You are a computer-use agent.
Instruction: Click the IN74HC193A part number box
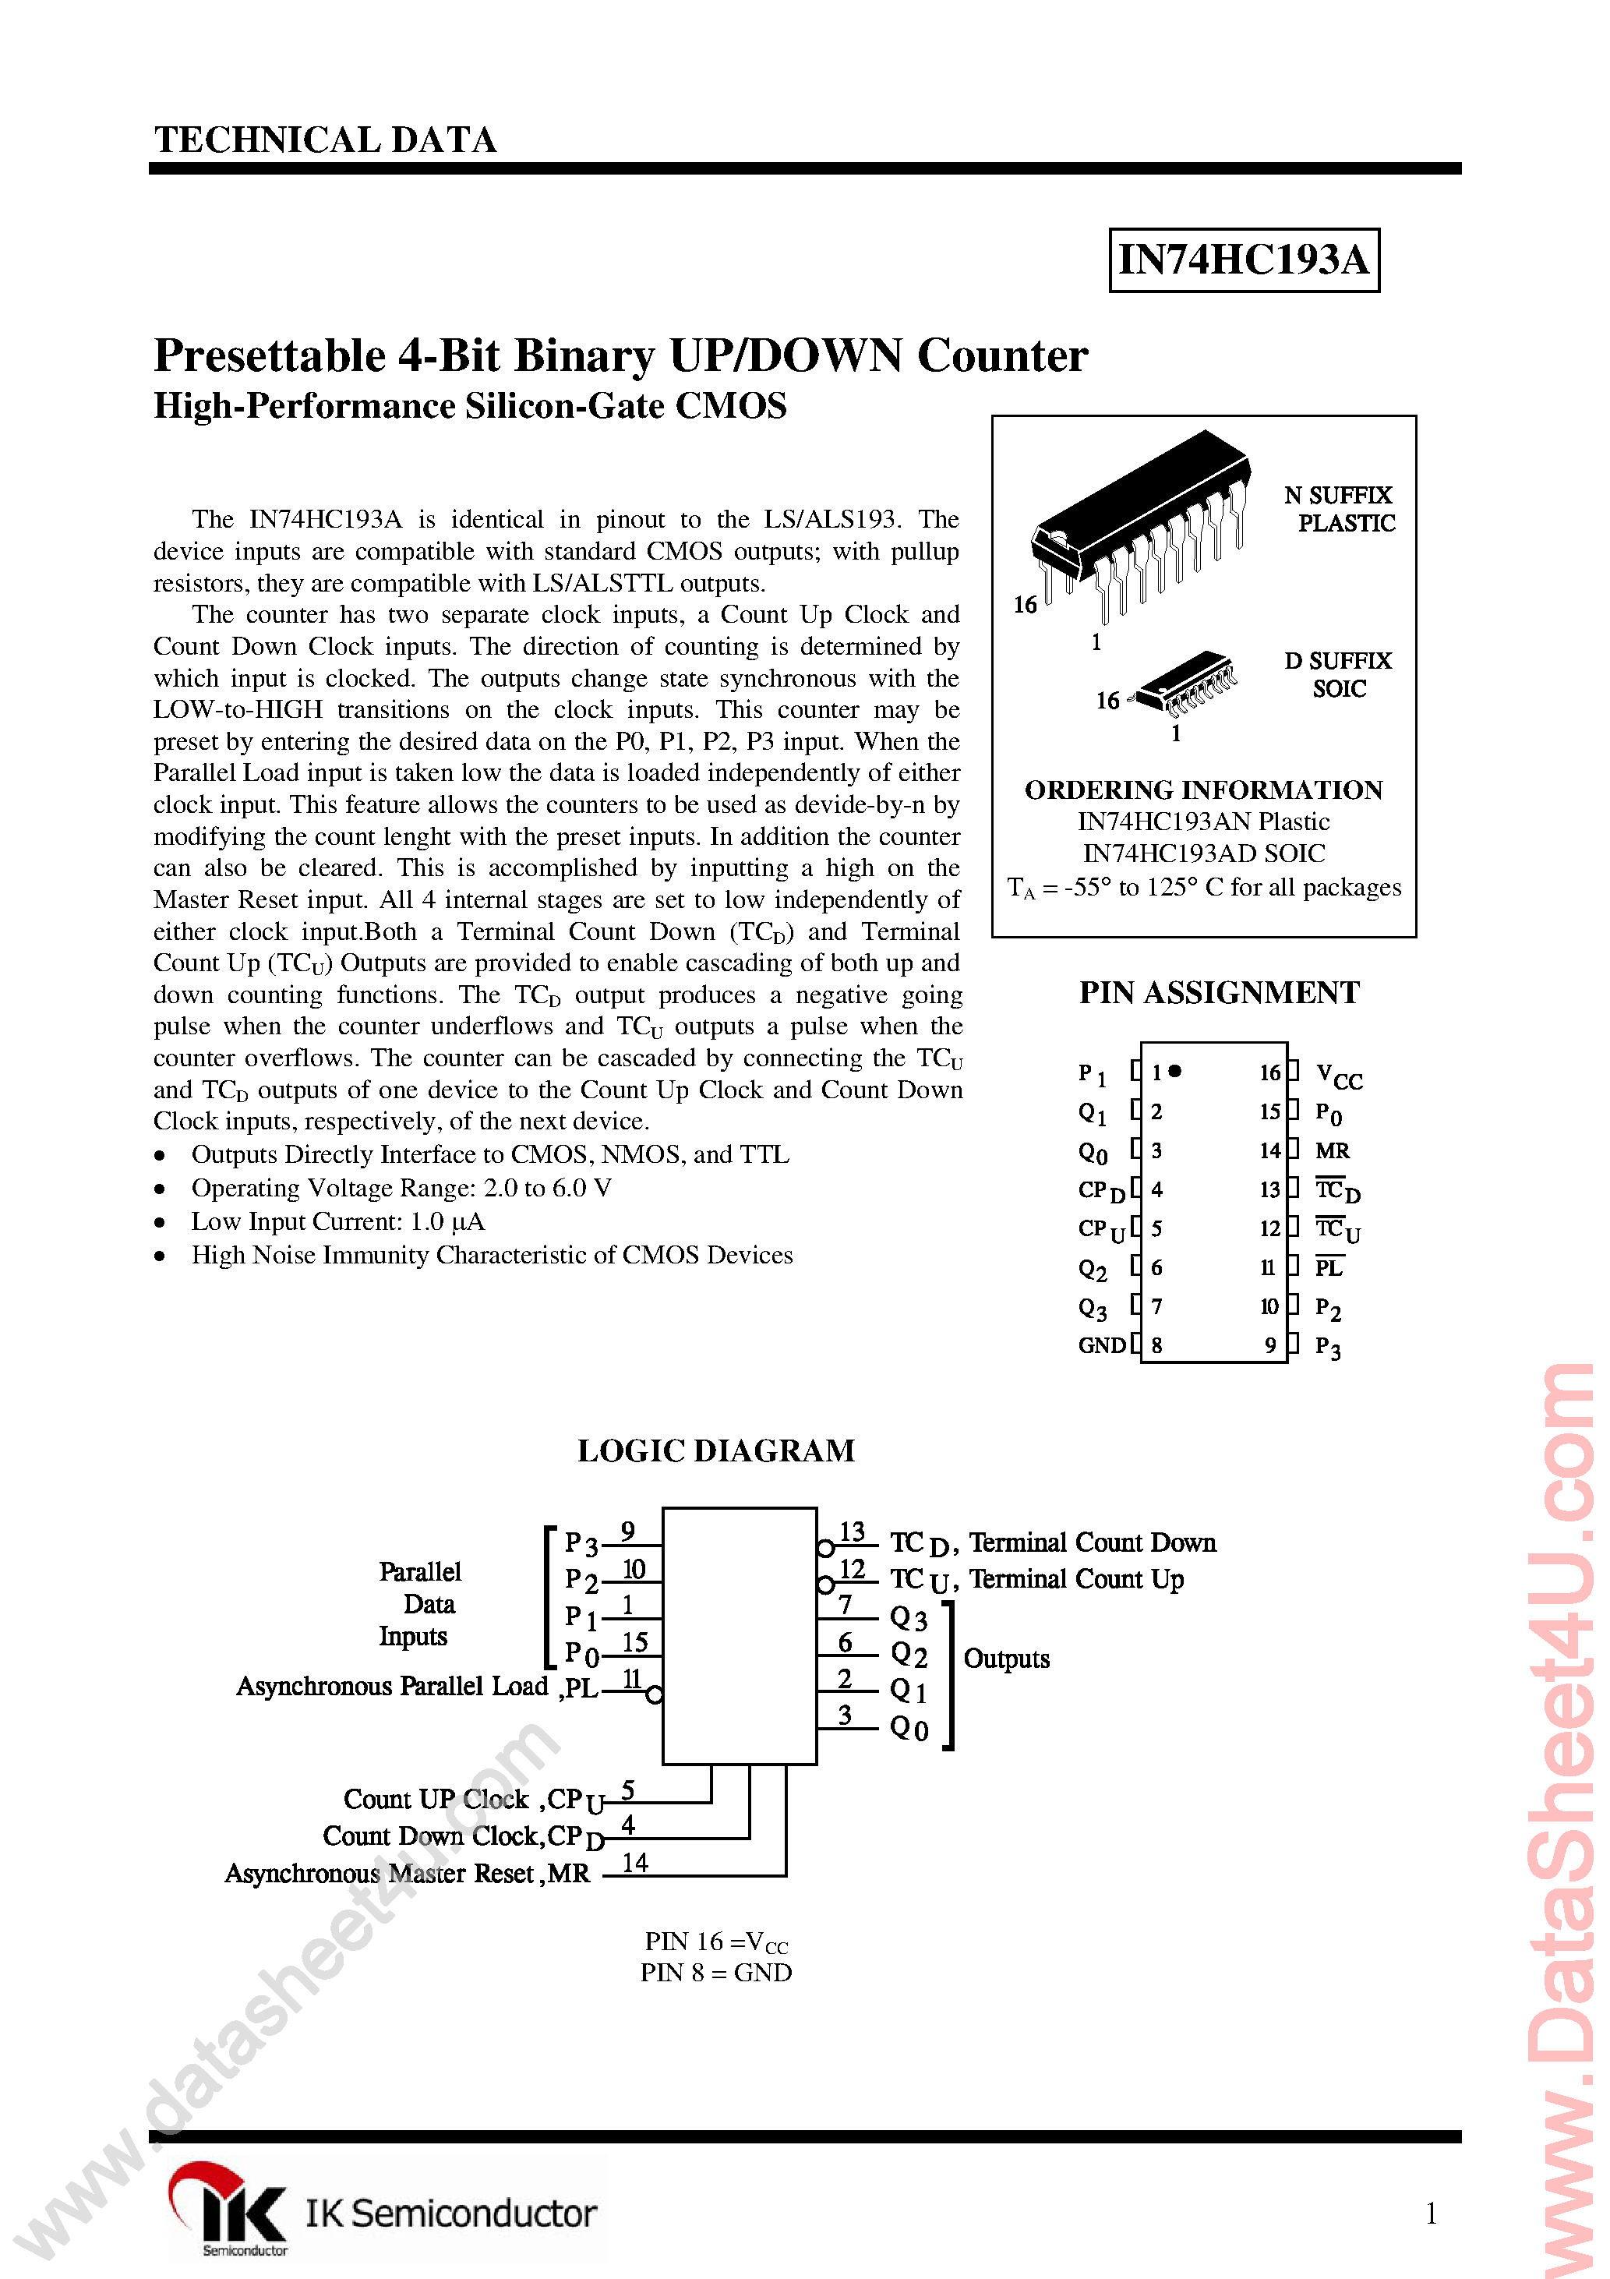tap(1243, 260)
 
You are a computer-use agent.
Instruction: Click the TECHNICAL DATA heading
tap(326, 140)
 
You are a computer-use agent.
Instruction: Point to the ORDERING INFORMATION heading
tap(1203, 790)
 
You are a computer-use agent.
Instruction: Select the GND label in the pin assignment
tap(1102, 1346)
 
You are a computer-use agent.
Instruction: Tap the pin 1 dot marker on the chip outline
tap(1175, 1071)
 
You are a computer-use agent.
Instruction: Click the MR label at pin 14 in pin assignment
tap(1332, 1151)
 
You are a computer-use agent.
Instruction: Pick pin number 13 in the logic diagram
tap(852, 1532)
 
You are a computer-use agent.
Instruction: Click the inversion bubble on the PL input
tap(654, 1695)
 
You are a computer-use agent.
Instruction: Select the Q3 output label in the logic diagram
tap(908, 1618)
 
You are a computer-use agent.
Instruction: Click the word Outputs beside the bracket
tap(1007, 1659)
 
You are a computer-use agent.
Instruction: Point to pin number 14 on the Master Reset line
tap(634, 1863)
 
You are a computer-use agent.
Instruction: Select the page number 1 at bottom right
tap(1430, 2214)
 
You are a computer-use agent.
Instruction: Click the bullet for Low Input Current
tap(160, 1223)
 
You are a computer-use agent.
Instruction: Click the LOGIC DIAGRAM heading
tap(715, 1451)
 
